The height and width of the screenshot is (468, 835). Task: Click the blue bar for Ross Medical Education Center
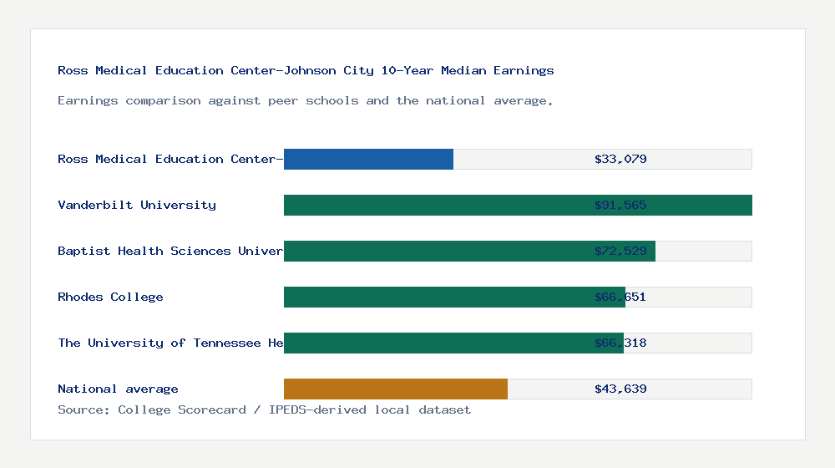tap(368, 159)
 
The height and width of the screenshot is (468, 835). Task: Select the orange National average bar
tap(396, 389)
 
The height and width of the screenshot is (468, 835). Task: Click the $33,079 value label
tap(620, 159)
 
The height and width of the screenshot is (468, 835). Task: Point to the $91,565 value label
tap(620, 205)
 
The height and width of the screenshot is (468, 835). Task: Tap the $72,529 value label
tap(620, 251)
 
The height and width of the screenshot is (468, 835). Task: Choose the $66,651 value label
tap(620, 297)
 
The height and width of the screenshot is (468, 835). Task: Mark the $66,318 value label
tap(620, 343)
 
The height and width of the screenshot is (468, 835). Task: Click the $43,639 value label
tap(620, 389)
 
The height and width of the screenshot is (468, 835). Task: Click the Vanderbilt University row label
tap(137, 205)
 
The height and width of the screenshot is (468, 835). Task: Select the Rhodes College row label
tap(110, 297)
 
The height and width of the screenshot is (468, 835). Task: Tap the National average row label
tap(118, 389)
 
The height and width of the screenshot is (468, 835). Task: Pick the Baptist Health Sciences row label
tap(170, 251)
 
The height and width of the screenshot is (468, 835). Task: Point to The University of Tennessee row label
tap(170, 343)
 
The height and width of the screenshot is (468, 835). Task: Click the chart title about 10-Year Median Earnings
tap(306, 70)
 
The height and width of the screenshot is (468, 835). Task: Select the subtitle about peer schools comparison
tap(306, 100)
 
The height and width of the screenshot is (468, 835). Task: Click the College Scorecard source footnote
tap(264, 409)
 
